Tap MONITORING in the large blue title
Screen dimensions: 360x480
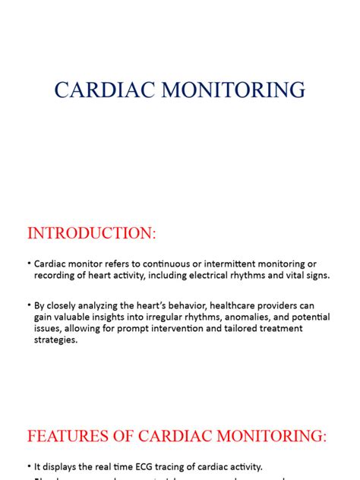click(x=228, y=90)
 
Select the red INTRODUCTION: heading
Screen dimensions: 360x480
click(x=91, y=233)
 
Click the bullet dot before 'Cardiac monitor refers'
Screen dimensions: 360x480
click(x=28, y=262)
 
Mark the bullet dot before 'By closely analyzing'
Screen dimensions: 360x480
click(x=28, y=304)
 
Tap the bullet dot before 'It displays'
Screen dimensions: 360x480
click(x=28, y=466)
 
